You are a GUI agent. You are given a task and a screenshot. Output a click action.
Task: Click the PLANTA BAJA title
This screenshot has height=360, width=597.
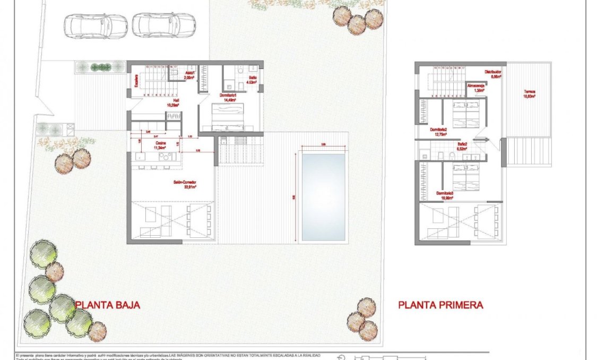tap(108, 305)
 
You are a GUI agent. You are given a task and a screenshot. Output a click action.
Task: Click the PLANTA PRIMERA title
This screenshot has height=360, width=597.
tap(440, 305)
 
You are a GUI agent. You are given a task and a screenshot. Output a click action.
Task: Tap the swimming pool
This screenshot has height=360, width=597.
tap(323, 196)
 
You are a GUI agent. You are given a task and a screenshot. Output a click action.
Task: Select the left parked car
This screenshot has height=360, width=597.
tap(96, 25)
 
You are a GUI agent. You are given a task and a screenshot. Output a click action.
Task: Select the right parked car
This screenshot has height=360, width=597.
tap(163, 25)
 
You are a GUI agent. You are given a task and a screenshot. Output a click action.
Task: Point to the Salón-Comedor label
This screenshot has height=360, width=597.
tap(184, 184)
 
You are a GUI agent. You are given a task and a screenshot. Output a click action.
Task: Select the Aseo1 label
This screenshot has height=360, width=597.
tap(190, 75)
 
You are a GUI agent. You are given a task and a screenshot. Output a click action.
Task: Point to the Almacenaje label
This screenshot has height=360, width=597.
tap(475, 88)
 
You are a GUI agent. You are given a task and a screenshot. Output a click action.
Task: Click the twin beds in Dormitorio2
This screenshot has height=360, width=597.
tap(466, 113)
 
